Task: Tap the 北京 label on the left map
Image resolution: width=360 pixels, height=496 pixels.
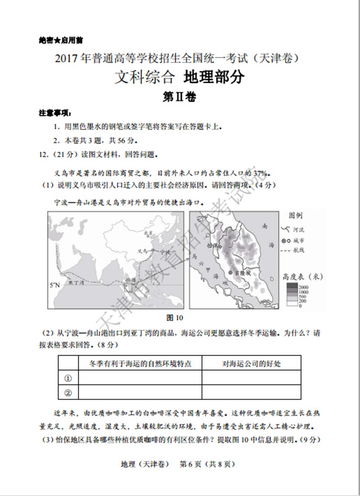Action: [x=145, y=233]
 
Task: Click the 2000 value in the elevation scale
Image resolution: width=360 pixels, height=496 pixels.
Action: [x=303, y=287]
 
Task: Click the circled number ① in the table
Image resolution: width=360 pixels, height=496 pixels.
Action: [x=68, y=378]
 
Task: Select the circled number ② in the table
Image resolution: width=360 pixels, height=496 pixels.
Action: [x=68, y=392]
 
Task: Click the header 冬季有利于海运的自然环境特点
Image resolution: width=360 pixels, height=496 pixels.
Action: [x=140, y=363]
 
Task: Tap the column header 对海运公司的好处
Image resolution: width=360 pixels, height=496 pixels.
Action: [x=251, y=363]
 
